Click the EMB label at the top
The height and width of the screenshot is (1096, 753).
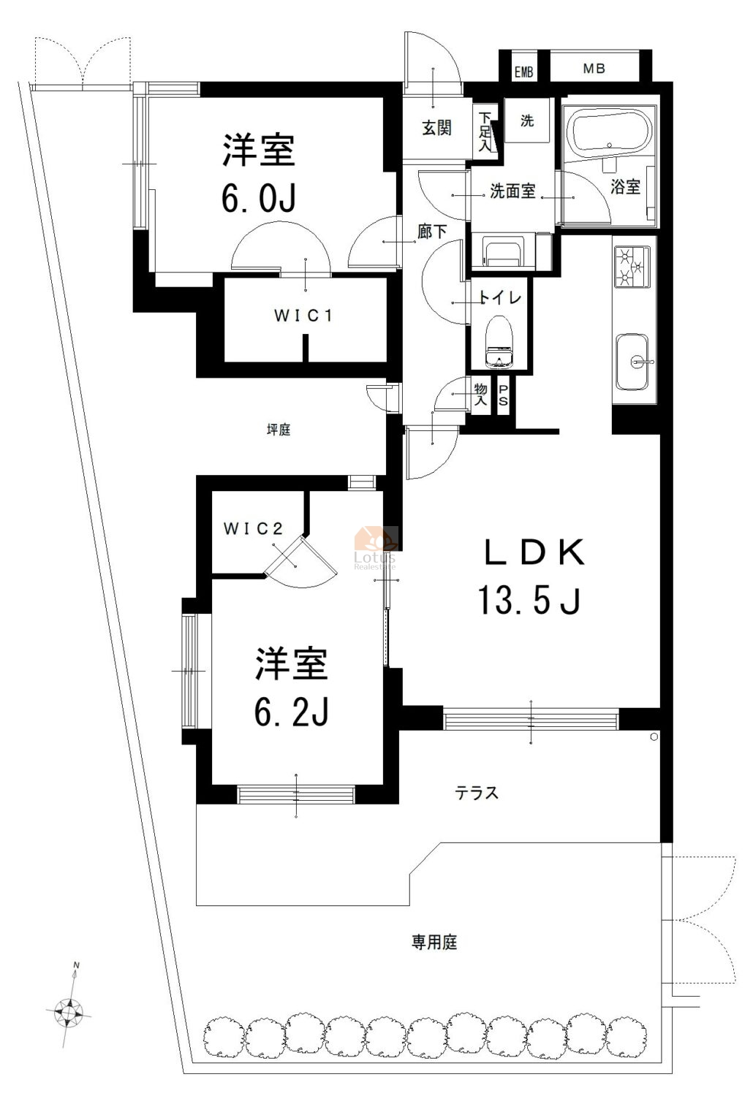tap(523, 72)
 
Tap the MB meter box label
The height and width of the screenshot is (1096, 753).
tap(594, 69)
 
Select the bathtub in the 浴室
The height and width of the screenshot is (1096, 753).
tap(608, 132)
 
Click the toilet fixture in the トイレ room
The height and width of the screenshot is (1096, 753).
tap(499, 341)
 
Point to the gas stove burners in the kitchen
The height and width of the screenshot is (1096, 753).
tap(632, 267)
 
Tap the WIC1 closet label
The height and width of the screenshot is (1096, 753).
tap(303, 316)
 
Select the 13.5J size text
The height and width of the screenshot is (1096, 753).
tap(530, 600)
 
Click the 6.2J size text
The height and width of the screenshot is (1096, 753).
tap(291, 711)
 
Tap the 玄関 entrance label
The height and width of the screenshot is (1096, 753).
tap(436, 128)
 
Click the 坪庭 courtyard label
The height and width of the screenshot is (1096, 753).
tap(279, 430)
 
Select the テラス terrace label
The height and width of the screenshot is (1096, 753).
tap(477, 792)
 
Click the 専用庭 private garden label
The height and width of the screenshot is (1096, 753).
tap(434, 942)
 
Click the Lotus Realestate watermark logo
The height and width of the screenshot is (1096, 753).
tap(376, 548)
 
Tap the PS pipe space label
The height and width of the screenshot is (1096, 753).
tap(503, 395)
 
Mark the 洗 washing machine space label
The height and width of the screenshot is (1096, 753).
tap(527, 121)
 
